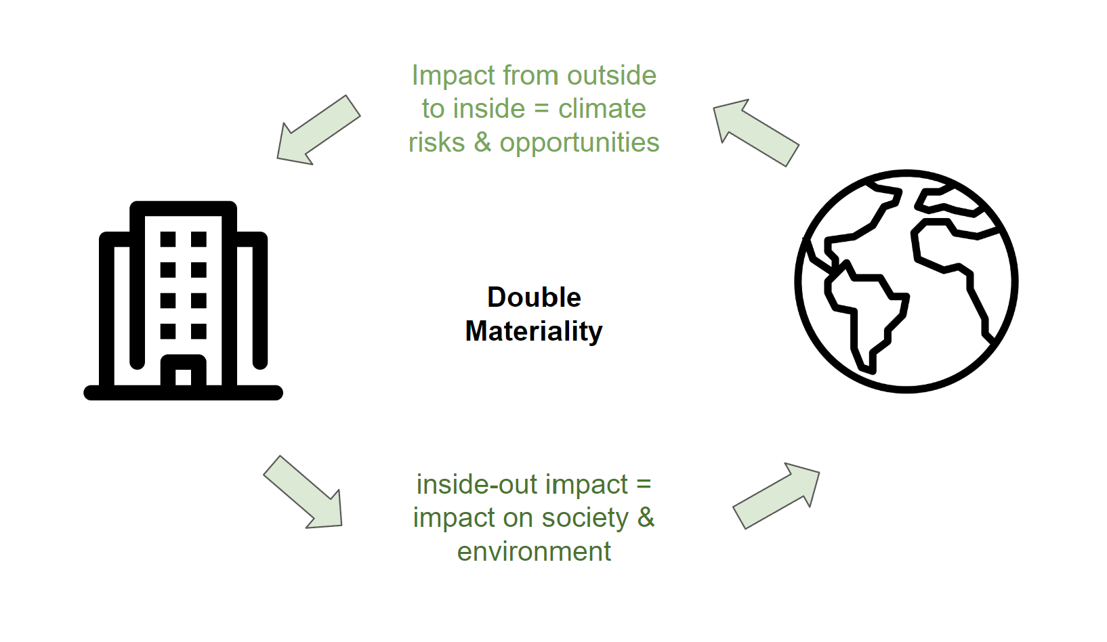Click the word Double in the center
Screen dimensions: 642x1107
click(534, 298)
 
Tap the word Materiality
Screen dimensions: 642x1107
click(534, 331)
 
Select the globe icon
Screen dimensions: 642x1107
click(906, 281)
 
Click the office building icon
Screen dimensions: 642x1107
click(183, 301)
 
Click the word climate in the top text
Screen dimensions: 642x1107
click(602, 109)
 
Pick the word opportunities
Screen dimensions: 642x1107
click(579, 143)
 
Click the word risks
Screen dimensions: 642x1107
click(436, 143)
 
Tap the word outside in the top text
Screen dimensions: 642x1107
click(612, 76)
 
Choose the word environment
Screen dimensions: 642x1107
click(534, 552)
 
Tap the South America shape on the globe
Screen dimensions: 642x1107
click(864, 312)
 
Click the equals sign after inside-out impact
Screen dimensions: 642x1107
click(643, 486)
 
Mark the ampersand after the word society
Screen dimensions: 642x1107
click(646, 518)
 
